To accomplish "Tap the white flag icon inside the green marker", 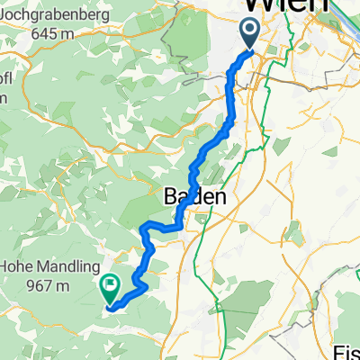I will tap(111, 286).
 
